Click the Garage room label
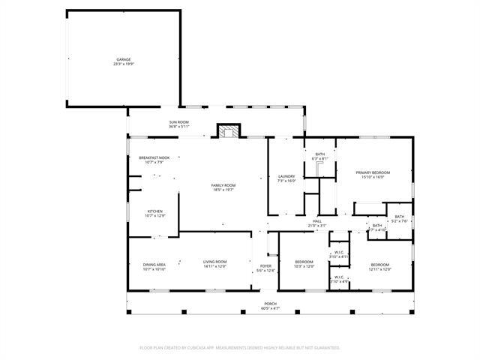(123, 59)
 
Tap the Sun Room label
(178, 122)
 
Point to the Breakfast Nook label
(154, 157)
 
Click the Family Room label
(223, 185)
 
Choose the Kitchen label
(154, 211)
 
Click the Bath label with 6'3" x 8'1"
(320, 154)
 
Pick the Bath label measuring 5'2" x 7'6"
(400, 216)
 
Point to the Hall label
(318, 221)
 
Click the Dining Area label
(154, 264)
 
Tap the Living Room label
(214, 262)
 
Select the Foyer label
(265, 266)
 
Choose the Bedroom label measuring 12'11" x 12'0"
(379, 264)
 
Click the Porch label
(270, 304)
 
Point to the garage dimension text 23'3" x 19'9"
(123, 64)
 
